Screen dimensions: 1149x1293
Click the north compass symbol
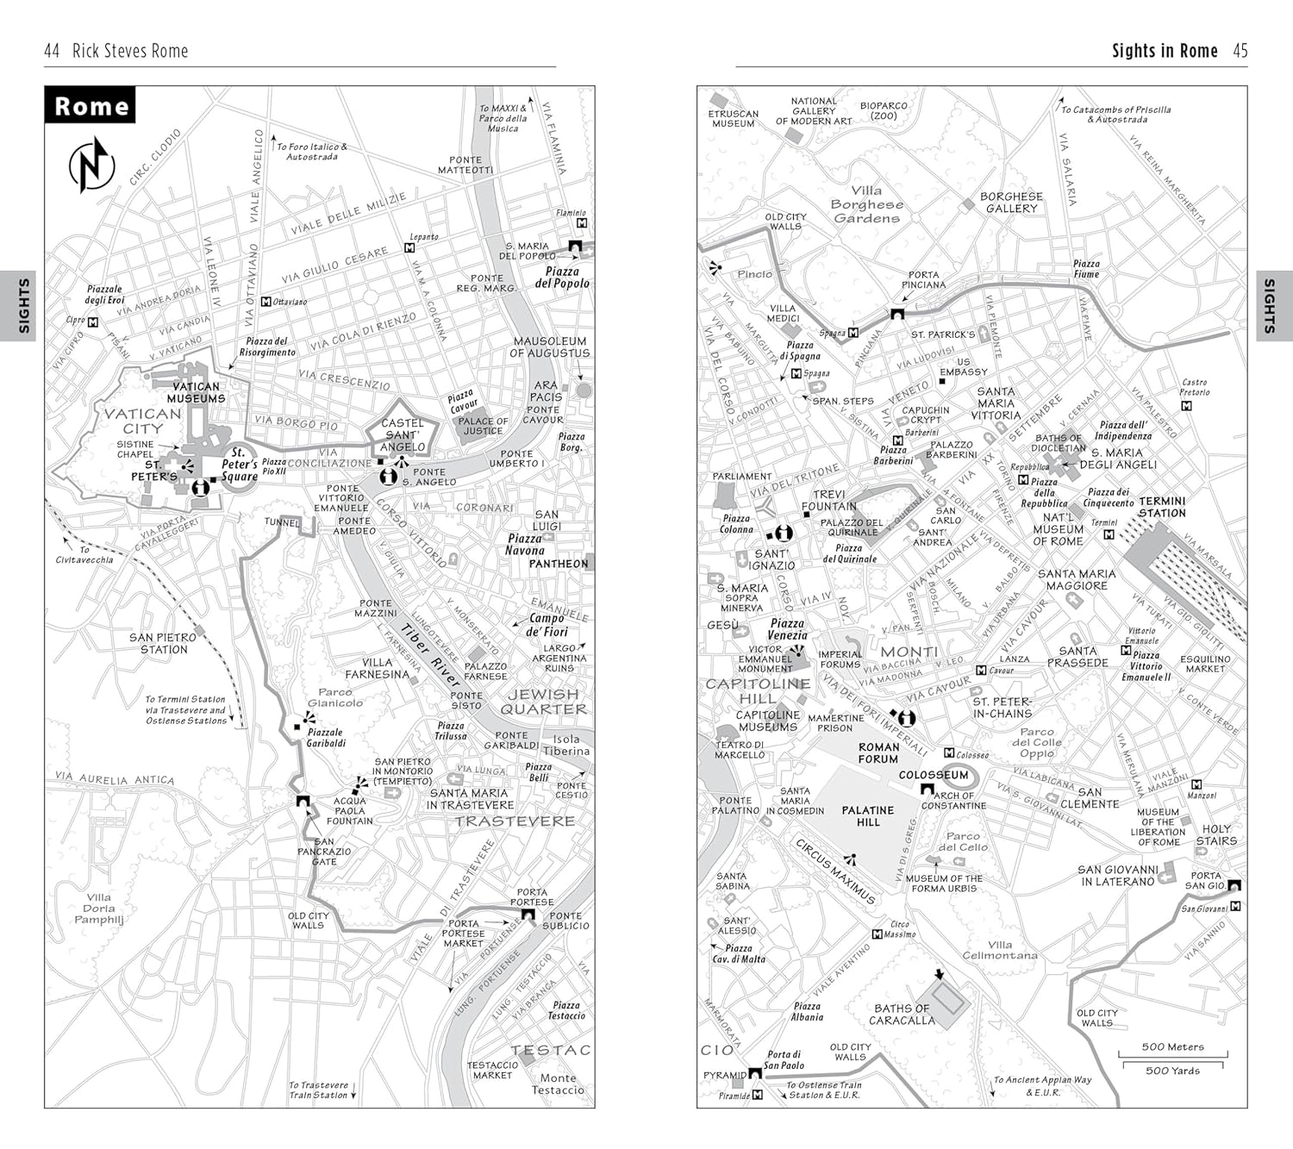91,165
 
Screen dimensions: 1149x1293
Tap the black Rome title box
91,105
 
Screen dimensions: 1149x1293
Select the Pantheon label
559,564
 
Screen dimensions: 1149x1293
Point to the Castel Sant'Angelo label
403,434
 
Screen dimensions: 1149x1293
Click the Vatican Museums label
197,392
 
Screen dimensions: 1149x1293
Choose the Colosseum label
934,775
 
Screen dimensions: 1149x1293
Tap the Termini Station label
1162,507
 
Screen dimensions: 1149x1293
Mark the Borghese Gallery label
1011,203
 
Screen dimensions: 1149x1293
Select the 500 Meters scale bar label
1172,1046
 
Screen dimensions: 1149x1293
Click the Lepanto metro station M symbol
410,248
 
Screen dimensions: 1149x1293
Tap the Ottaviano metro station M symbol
266,303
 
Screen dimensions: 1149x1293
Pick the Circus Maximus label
834,871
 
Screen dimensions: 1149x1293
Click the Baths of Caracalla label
902,1014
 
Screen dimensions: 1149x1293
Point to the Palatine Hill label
868,816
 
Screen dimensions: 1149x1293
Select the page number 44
52,51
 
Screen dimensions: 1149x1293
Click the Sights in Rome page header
1165,51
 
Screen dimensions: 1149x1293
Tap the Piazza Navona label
525,544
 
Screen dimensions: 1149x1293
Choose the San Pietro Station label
164,643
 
